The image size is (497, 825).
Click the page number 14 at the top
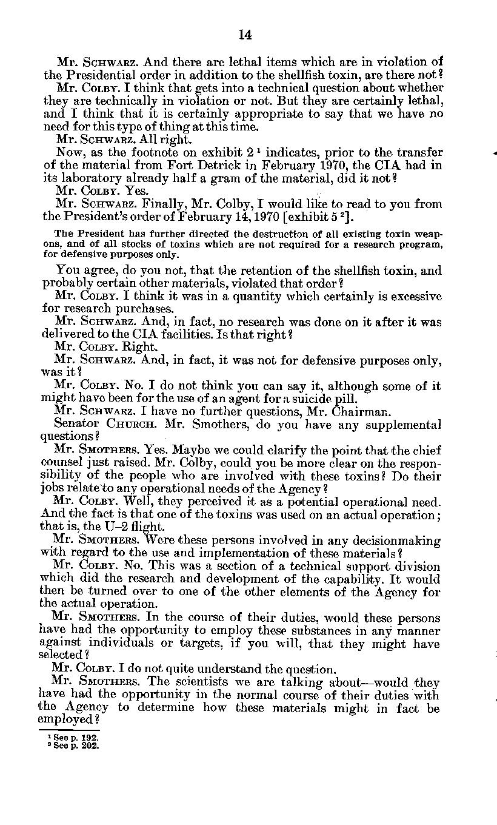(245, 35)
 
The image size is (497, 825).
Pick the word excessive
(412, 297)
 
